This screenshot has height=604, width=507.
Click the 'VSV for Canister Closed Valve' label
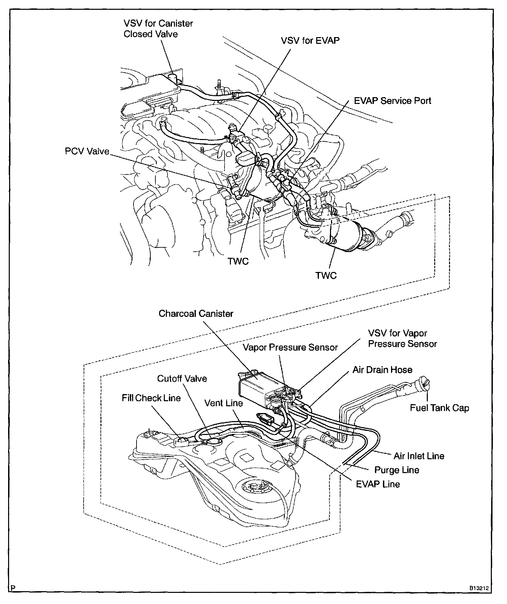(x=158, y=29)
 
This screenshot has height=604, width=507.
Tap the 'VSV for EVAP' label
(x=310, y=40)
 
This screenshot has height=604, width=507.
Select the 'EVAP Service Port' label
(x=392, y=101)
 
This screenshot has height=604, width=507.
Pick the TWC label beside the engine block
(x=238, y=261)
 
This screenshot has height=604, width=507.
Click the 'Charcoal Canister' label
(x=196, y=313)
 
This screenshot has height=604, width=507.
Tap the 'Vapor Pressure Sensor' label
(x=290, y=347)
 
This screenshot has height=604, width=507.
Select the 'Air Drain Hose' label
(x=382, y=369)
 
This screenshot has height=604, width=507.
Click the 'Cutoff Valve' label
(x=182, y=378)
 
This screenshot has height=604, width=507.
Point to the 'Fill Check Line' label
(x=151, y=398)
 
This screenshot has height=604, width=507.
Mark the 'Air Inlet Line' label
(x=419, y=456)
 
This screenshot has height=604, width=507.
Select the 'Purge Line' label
(x=397, y=470)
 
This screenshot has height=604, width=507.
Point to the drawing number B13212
(x=479, y=588)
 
